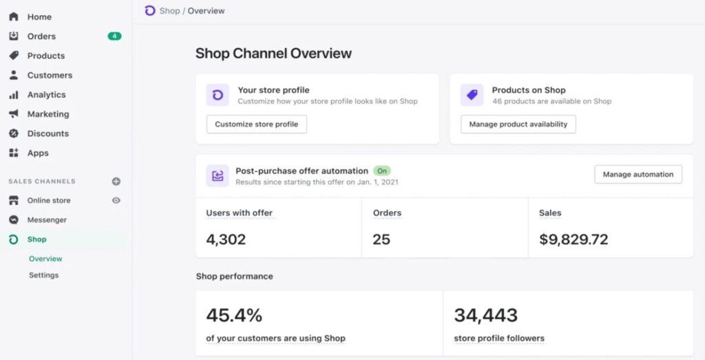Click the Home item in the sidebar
[x=39, y=17]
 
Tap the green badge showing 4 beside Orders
[x=114, y=36]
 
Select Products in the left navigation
[x=45, y=56]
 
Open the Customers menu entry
[x=50, y=75]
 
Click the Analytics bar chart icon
[x=14, y=95]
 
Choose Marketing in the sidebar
[x=48, y=114]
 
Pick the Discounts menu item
[x=48, y=134]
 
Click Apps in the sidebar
[x=38, y=153]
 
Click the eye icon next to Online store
[x=116, y=200]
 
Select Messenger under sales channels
[x=47, y=220]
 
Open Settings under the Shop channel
[x=43, y=275]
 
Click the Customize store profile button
[x=256, y=125]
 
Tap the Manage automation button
[x=638, y=175]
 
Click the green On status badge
[x=381, y=171]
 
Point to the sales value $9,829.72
[x=573, y=240]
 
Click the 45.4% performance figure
[x=234, y=316]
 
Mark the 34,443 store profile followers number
[x=485, y=316]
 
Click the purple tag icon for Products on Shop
[x=472, y=95]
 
